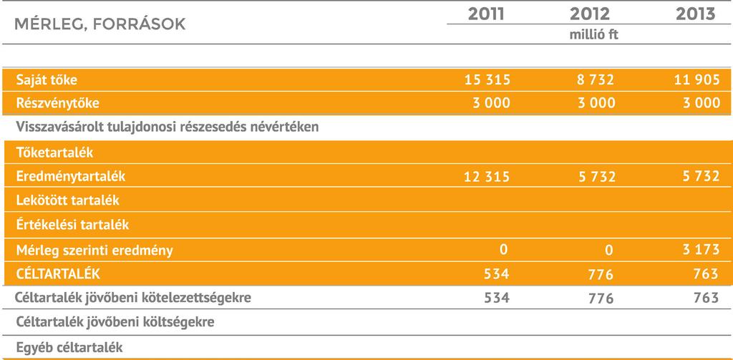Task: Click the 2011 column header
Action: click(486, 14)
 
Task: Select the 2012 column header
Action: click(590, 14)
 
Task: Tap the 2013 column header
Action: click(696, 14)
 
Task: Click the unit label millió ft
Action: click(593, 34)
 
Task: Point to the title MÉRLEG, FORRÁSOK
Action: click(100, 24)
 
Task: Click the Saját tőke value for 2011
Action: click(487, 80)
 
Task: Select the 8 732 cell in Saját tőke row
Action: click(596, 80)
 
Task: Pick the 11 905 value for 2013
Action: click(696, 80)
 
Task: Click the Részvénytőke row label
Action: click(57, 103)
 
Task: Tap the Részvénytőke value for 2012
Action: click(596, 103)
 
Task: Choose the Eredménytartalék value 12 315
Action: click(487, 177)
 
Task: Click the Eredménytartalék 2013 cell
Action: click(702, 176)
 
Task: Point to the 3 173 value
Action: click(702, 249)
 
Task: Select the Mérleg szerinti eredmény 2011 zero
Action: click(503, 249)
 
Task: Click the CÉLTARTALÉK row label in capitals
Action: click(58, 273)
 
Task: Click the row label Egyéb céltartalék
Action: click(69, 347)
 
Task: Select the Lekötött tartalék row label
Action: click(68, 200)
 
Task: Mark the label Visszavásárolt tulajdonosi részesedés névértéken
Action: click(168, 127)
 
